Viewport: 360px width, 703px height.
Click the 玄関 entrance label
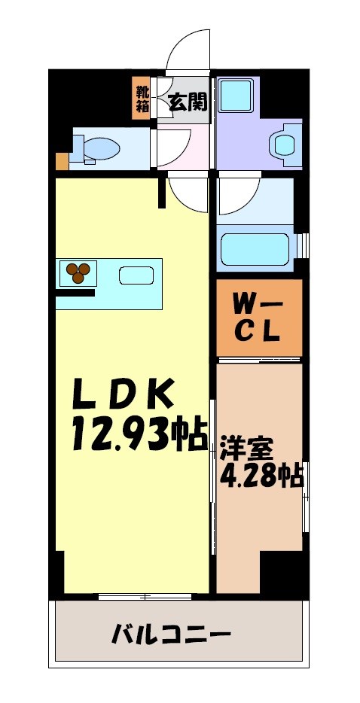tap(188, 101)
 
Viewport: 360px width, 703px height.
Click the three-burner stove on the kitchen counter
tap(79, 272)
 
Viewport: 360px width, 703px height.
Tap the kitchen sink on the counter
tap(136, 275)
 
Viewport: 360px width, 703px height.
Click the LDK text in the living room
tap(124, 394)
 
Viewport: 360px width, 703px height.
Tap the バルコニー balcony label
tap(171, 634)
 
